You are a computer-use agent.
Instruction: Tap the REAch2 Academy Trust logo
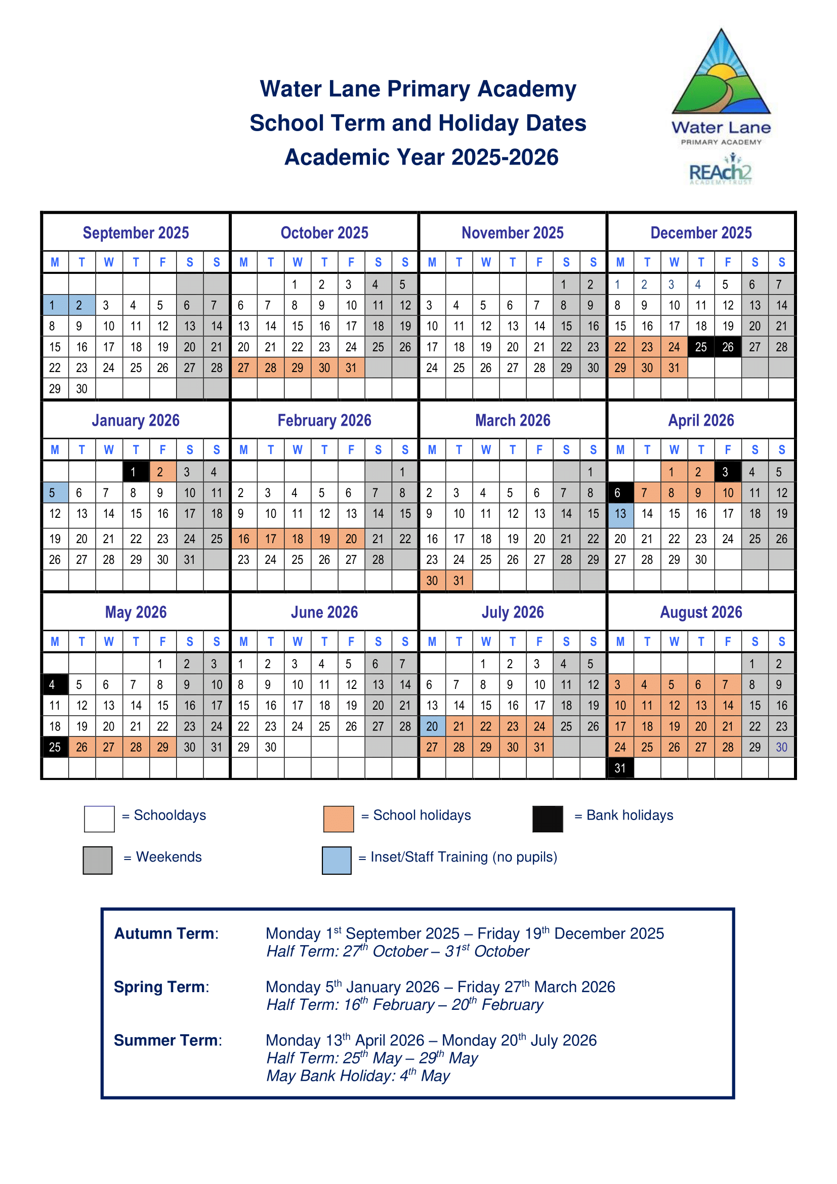coord(721,172)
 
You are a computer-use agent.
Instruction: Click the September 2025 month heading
coord(136,233)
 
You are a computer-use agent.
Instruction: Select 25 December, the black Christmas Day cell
coord(701,347)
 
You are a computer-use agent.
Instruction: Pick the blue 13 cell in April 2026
coord(620,514)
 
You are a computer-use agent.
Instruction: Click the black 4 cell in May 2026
coord(55,685)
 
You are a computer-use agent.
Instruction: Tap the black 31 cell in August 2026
coord(620,768)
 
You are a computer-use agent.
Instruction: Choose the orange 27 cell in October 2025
coord(244,368)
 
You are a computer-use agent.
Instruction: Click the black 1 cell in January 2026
coord(136,472)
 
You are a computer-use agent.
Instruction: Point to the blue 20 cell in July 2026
coord(432,726)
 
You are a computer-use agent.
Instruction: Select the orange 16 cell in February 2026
coord(244,539)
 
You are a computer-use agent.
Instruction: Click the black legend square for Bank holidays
coord(548,819)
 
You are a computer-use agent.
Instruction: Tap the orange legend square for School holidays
coord(338,819)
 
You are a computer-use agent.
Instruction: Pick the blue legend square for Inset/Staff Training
coord(337,860)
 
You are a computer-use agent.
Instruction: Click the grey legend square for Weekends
coord(97,860)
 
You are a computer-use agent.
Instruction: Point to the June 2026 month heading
coord(324,612)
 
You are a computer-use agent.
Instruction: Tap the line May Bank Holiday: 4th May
coord(358,1076)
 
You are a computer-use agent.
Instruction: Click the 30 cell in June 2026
coord(271,747)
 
